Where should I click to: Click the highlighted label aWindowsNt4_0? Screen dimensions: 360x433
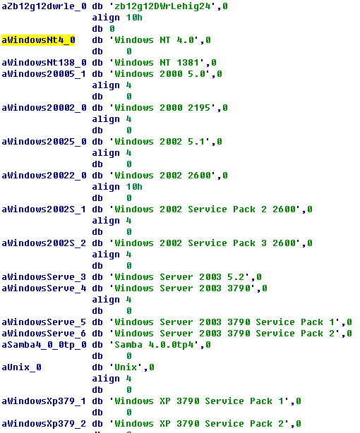(x=38, y=40)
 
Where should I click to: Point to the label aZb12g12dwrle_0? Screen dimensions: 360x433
(x=44, y=6)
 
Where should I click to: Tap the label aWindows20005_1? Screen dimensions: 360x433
(x=44, y=74)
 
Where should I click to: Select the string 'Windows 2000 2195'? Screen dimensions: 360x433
(x=162, y=108)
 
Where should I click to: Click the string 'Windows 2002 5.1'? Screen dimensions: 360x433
(x=160, y=142)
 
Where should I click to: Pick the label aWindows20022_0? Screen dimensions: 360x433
(x=44, y=176)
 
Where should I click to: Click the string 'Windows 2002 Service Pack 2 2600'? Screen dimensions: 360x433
(x=205, y=209)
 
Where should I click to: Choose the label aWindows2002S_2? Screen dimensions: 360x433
(x=44, y=243)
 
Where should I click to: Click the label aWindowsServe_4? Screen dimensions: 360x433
(x=44, y=288)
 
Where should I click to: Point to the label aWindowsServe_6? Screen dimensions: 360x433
(x=44, y=334)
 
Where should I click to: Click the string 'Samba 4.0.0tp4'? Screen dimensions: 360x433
(x=154, y=345)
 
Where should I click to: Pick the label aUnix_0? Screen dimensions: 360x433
(x=22, y=367)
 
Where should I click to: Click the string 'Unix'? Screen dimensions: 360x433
(x=126, y=367)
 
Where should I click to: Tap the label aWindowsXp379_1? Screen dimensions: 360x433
(x=44, y=401)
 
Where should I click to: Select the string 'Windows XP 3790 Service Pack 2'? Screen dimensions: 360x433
(x=199, y=424)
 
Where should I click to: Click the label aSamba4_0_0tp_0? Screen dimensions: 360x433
(x=44, y=345)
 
